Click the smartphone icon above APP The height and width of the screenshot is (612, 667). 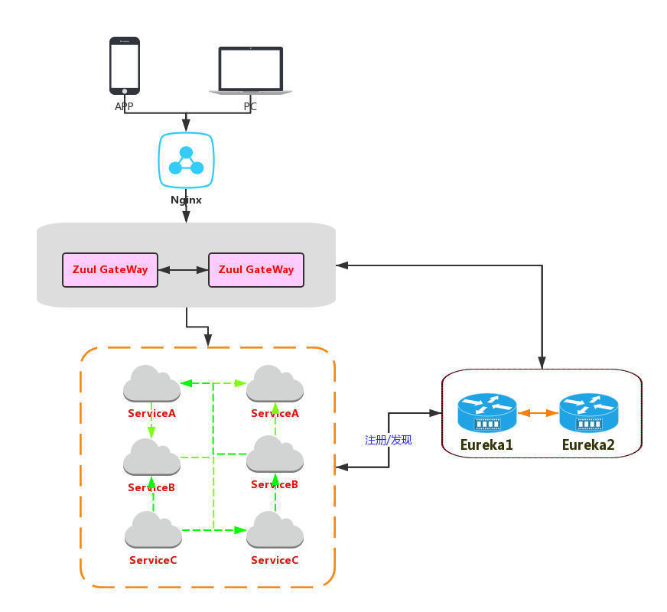click(125, 66)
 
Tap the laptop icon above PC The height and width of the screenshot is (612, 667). click(251, 70)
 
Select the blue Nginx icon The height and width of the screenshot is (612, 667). click(186, 161)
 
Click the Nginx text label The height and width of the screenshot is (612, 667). click(186, 200)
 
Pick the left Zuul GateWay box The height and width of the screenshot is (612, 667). click(110, 270)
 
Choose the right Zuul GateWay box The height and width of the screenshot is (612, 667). click(256, 270)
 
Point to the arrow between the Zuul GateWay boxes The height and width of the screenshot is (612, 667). click(184, 270)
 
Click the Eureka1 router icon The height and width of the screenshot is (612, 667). click(487, 414)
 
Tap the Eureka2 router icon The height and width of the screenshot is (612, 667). click(589, 414)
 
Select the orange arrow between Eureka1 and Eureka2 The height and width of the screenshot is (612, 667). click(538, 413)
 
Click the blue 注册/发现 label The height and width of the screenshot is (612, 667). click(389, 440)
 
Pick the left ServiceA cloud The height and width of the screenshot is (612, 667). click(151, 384)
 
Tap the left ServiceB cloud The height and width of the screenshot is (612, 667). click(151, 457)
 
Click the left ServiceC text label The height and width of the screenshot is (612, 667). click(153, 560)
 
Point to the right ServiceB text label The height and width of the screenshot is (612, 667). click(275, 485)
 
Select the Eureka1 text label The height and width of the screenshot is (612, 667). click(486, 444)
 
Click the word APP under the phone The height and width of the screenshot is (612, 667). click(124, 107)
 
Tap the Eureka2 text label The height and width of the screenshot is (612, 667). click(588, 444)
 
